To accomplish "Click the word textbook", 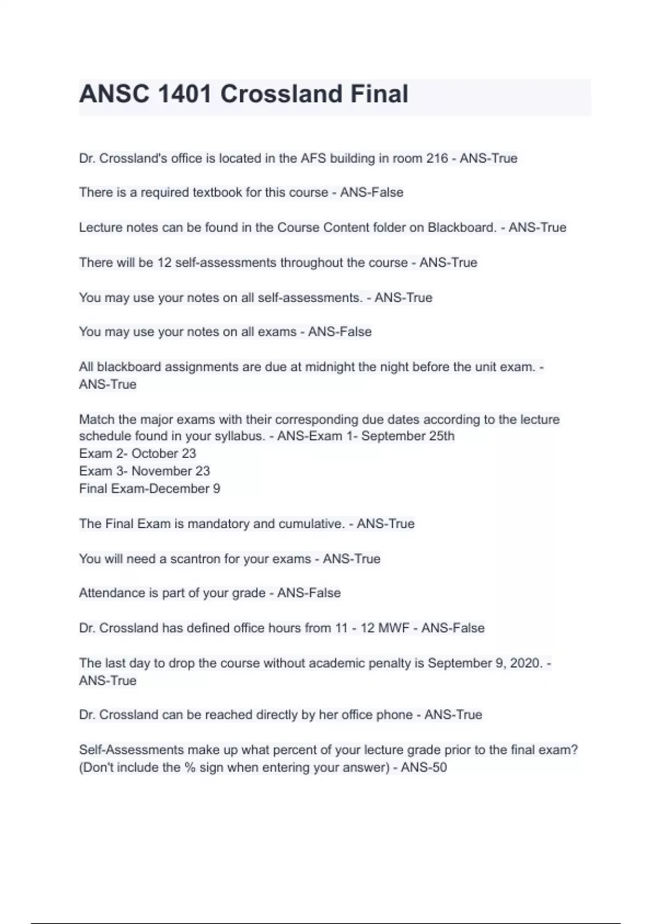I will pos(217,192).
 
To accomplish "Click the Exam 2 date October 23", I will pos(164,453).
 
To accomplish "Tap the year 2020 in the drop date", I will pos(526,663).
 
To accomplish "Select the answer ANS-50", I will pos(424,767).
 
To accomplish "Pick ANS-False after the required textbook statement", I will pos(372,192).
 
